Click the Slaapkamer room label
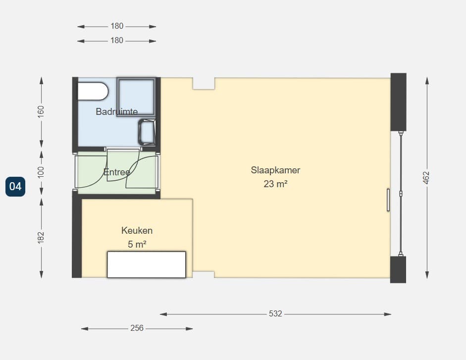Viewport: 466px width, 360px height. tap(275, 170)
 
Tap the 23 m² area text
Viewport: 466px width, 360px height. tap(275, 184)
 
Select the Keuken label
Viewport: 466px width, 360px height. tap(137, 230)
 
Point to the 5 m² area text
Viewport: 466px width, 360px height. tap(137, 244)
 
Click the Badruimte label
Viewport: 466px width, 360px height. tap(116, 111)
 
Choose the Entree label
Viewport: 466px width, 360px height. tap(116, 172)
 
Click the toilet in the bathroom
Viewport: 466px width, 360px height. tap(93, 91)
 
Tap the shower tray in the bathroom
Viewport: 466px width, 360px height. tap(136, 97)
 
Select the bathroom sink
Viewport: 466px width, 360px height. tap(147, 132)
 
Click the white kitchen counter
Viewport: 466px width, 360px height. tap(147, 264)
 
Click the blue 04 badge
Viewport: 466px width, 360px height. tap(15, 187)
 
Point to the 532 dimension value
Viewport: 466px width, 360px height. tap(275, 313)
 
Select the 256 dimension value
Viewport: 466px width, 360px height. tap(137, 328)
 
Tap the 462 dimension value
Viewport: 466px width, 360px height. tap(426, 177)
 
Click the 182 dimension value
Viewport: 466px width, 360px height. tap(41, 237)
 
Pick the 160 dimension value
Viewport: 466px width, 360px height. tap(41, 111)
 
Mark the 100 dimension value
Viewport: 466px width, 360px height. tap(41, 172)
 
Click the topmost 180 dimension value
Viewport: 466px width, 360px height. tap(117, 26)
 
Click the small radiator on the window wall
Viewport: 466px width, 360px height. tap(388, 200)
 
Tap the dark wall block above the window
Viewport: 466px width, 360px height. tap(398, 102)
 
